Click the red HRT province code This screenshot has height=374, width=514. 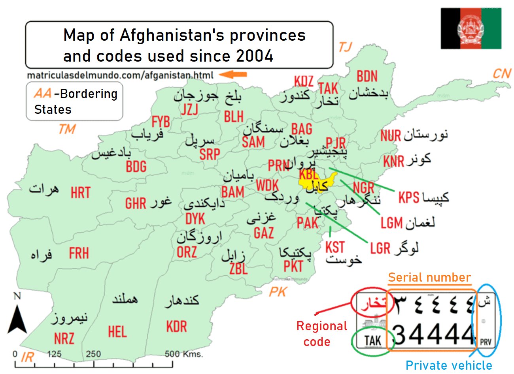(81, 193)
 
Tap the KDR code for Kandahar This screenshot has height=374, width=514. (176, 327)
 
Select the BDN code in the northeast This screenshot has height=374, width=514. (367, 76)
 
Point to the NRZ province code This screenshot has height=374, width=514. (64, 338)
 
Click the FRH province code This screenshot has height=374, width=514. (79, 253)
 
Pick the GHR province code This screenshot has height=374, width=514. (136, 203)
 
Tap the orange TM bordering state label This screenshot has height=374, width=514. (67, 129)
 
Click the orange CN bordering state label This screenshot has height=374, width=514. (501, 73)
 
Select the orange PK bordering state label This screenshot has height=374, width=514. (278, 292)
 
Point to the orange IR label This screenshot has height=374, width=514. (27, 357)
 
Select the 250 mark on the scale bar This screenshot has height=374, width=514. (93, 354)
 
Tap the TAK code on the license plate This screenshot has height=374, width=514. (372, 340)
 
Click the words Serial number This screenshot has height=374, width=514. (429, 277)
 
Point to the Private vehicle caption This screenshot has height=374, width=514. (449, 365)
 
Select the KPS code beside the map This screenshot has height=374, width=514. (409, 197)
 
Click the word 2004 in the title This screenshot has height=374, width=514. (255, 56)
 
